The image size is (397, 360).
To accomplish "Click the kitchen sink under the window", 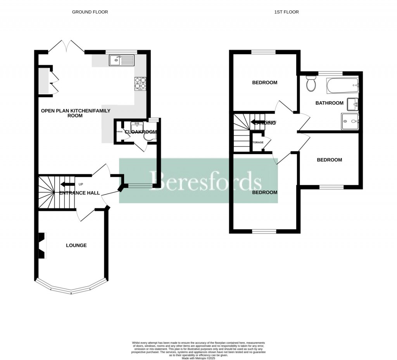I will pyautogui.click(x=121, y=60).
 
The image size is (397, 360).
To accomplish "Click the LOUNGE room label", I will pyautogui.click(x=76, y=245).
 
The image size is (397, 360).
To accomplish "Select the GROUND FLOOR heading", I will pyautogui.click(x=90, y=12).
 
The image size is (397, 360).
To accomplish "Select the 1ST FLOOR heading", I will pyautogui.click(x=286, y=12).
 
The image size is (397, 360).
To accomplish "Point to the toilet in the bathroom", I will pyautogui.click(x=311, y=83).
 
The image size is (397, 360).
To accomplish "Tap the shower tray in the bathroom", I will pyautogui.click(x=350, y=121).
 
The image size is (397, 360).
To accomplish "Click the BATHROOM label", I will pyautogui.click(x=329, y=103).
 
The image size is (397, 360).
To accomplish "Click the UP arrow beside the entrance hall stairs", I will pyautogui.click(x=67, y=184).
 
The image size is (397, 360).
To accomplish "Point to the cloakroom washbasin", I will pyautogui.click(x=137, y=126).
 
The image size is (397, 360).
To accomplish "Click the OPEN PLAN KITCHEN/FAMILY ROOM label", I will pyautogui.click(x=62, y=113).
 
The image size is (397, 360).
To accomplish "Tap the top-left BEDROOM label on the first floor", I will pyautogui.click(x=265, y=83).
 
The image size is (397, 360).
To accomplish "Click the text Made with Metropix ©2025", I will pyautogui.click(x=198, y=358).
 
